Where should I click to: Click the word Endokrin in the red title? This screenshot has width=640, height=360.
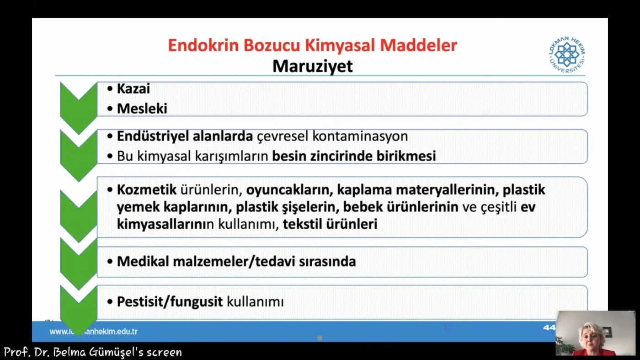(x=203, y=45)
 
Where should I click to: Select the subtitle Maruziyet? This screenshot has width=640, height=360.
(x=313, y=66)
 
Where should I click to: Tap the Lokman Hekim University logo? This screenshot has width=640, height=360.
(x=567, y=54)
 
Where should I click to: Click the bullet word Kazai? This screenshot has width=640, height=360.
(x=133, y=89)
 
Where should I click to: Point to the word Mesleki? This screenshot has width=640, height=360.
(x=142, y=109)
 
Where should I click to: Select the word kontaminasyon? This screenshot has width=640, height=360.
(x=360, y=136)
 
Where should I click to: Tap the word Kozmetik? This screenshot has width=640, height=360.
(x=147, y=189)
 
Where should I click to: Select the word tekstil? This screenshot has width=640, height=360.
(x=302, y=224)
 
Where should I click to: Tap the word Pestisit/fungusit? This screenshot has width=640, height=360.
(x=170, y=301)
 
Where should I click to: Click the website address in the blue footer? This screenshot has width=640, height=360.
(x=93, y=331)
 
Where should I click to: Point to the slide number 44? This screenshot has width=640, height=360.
(x=549, y=328)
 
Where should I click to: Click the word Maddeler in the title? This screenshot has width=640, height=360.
(x=419, y=45)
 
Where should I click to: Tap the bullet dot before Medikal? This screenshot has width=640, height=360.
(x=110, y=261)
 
